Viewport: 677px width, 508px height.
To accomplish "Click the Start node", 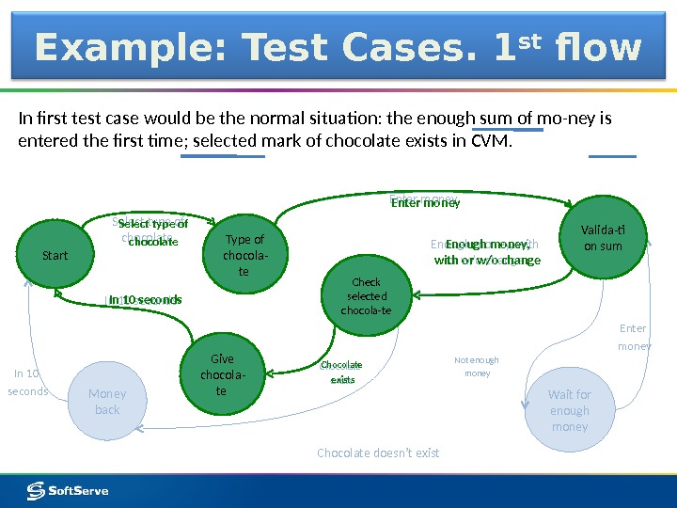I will [x=55, y=255].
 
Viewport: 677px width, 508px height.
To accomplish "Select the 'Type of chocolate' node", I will [x=244, y=255].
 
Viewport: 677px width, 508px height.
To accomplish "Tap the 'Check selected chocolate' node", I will [x=366, y=295].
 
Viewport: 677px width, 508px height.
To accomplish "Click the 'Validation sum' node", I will [x=603, y=238].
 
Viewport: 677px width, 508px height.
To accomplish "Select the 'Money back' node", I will [x=107, y=402].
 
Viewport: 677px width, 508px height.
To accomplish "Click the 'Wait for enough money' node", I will [x=570, y=410].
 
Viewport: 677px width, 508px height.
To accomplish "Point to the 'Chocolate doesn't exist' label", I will [x=378, y=452].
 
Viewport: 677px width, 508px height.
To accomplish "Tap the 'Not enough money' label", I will [x=477, y=367].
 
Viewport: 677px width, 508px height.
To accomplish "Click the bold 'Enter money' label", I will [x=425, y=201].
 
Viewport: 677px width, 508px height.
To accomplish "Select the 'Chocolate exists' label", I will [x=341, y=372].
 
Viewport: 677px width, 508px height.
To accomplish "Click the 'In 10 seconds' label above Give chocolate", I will [x=145, y=300].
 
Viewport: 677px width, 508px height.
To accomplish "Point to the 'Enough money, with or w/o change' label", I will [x=487, y=252].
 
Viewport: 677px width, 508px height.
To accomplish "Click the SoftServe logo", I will [x=68, y=490].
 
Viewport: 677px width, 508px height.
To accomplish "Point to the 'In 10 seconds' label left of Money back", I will [x=27, y=382].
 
